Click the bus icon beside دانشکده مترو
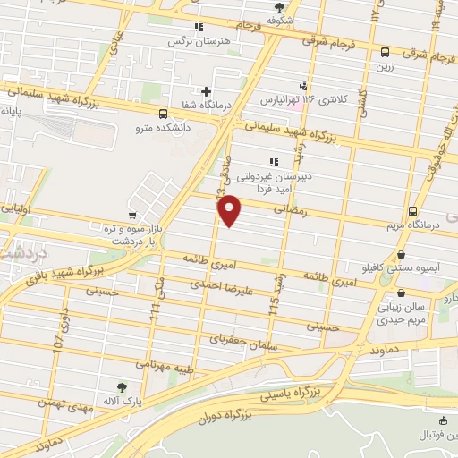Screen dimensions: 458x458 (x=162, y=114)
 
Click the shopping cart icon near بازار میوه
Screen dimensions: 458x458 (x=132, y=216)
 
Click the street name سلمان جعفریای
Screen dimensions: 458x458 (x=236, y=339)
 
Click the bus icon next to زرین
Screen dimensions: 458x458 (x=385, y=52)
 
